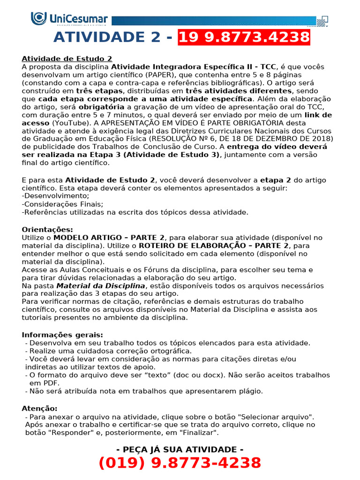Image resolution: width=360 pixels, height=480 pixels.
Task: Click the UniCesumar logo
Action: click(69, 19)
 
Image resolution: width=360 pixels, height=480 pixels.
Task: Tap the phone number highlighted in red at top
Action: click(244, 37)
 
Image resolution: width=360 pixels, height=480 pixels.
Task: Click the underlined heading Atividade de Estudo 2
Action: click(67, 59)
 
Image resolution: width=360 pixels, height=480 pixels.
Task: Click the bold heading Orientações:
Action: click(47, 229)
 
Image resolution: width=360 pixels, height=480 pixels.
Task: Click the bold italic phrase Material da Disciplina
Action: click(101, 285)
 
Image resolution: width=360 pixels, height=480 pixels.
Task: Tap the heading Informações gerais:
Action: click(62, 335)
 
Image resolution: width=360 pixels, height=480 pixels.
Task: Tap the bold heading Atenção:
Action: click(40, 408)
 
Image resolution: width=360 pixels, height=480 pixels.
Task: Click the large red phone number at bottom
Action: click(180, 463)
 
